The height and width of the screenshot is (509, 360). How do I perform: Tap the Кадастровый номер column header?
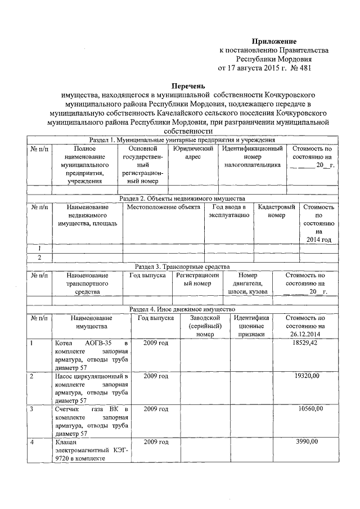(276, 211)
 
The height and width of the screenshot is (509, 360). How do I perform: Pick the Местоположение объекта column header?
(163, 207)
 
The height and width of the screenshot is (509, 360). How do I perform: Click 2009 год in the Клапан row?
(156, 442)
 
